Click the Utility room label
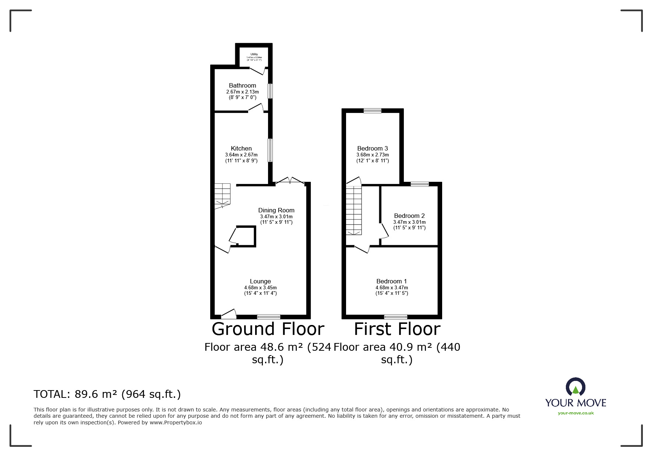(x=254, y=54)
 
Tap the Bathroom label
(x=242, y=86)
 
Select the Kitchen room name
(x=241, y=149)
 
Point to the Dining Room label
(x=276, y=211)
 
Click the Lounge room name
(x=260, y=282)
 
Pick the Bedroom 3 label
(x=372, y=149)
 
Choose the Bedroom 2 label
(x=409, y=216)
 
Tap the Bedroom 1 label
(x=391, y=282)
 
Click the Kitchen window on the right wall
(x=270, y=150)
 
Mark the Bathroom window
(x=270, y=91)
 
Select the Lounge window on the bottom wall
(x=268, y=317)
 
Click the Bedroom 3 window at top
(x=373, y=110)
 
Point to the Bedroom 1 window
(x=396, y=317)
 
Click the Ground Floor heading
(x=268, y=329)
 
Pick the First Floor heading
(x=397, y=329)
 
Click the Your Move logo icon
(x=575, y=388)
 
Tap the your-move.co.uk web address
(x=575, y=413)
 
